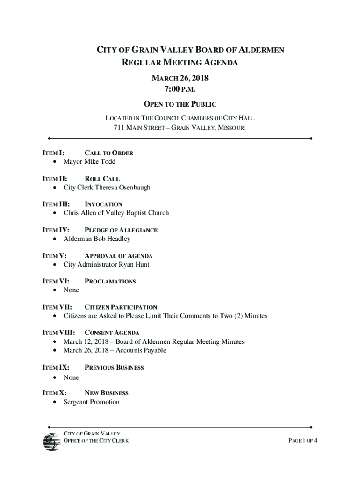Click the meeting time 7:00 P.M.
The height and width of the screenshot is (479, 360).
tap(180, 89)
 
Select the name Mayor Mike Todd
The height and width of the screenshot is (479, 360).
tap(89, 162)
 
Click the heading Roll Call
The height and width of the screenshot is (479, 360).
tap(102, 179)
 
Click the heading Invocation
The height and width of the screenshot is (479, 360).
tap(103, 204)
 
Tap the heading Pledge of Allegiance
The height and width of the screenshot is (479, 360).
tap(121, 230)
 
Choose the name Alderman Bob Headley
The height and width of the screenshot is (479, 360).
tap(97, 239)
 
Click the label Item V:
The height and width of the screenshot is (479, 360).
tap(54, 256)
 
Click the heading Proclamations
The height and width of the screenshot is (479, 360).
tap(110, 282)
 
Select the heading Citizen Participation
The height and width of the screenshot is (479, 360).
tap(121, 307)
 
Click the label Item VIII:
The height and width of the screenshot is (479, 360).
tap(58, 333)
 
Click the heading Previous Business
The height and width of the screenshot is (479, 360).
tap(114, 368)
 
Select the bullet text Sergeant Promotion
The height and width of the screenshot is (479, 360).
tap(92, 402)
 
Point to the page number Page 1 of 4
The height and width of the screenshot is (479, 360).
tap(303, 441)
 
